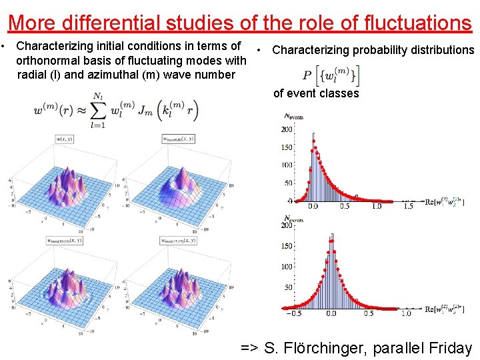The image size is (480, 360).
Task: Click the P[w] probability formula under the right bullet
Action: click(330, 75)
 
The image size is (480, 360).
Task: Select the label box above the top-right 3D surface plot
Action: click(178, 139)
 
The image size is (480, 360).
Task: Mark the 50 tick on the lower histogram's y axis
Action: click(289, 287)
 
